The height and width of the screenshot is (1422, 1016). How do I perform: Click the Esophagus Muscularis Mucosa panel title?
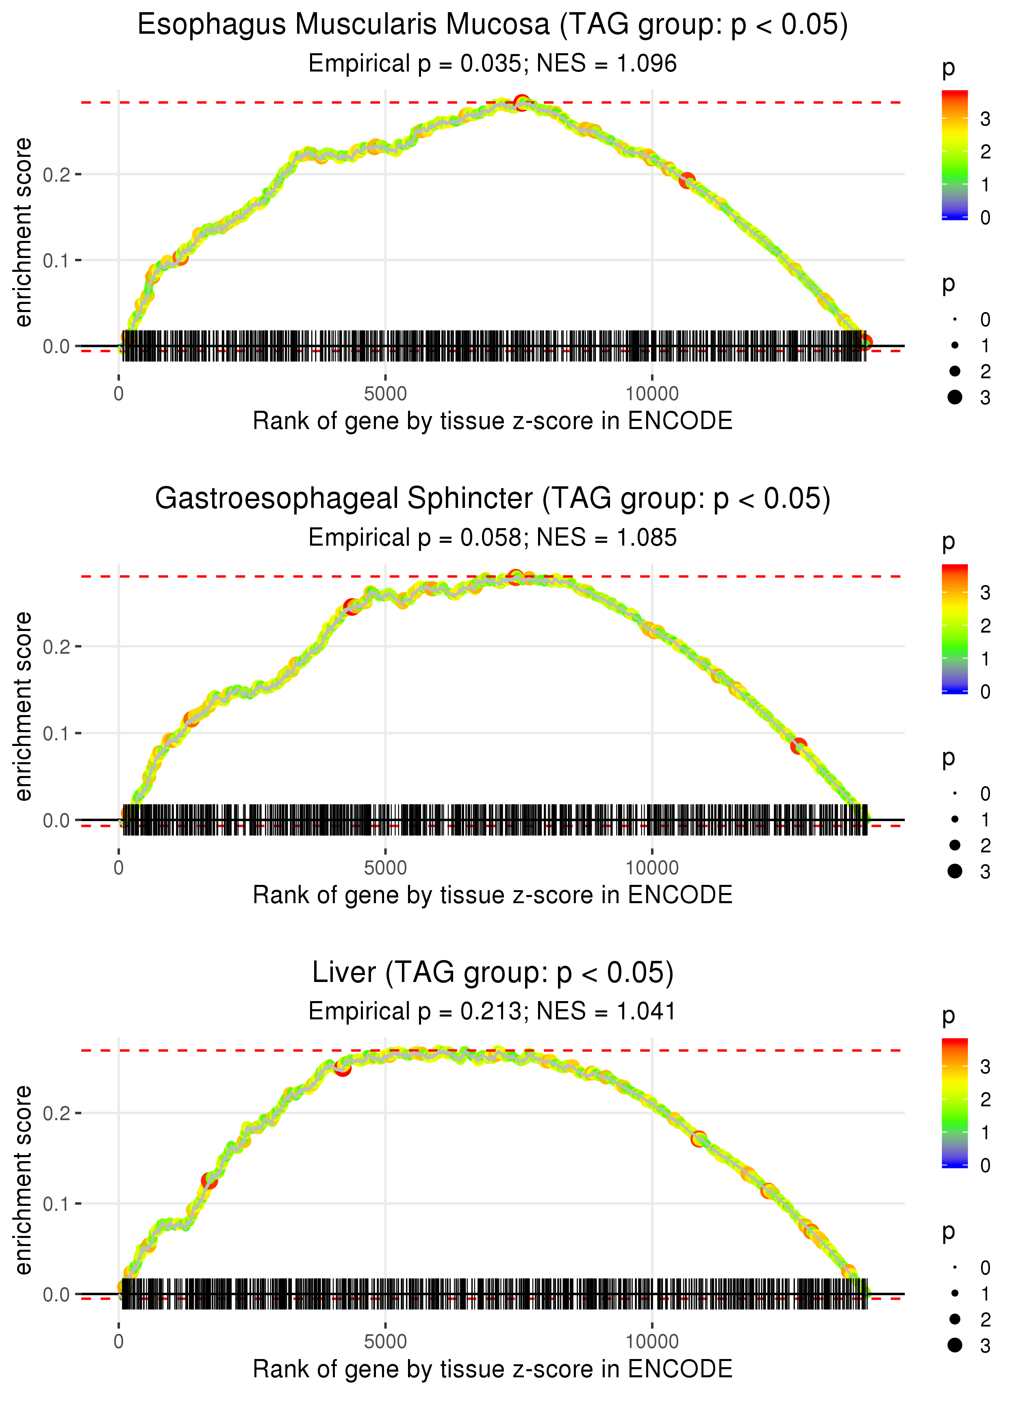click(493, 25)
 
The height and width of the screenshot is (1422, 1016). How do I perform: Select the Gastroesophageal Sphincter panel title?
click(493, 499)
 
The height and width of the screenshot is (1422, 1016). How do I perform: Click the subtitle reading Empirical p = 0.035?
click(493, 64)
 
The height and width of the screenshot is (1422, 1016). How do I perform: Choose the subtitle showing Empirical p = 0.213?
click(493, 1012)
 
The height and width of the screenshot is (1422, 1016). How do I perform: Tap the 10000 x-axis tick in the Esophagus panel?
click(652, 394)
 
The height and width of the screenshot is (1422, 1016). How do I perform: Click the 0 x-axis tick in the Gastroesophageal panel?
click(119, 868)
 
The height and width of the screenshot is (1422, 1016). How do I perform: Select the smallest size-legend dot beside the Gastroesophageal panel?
click(955, 793)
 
